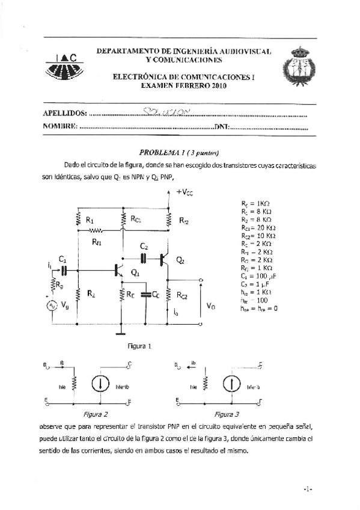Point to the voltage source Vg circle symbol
click(52, 306)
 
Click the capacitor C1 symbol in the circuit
click(63, 269)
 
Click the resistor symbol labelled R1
click(78, 220)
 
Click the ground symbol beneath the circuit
click(122, 331)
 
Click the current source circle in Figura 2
click(99, 384)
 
